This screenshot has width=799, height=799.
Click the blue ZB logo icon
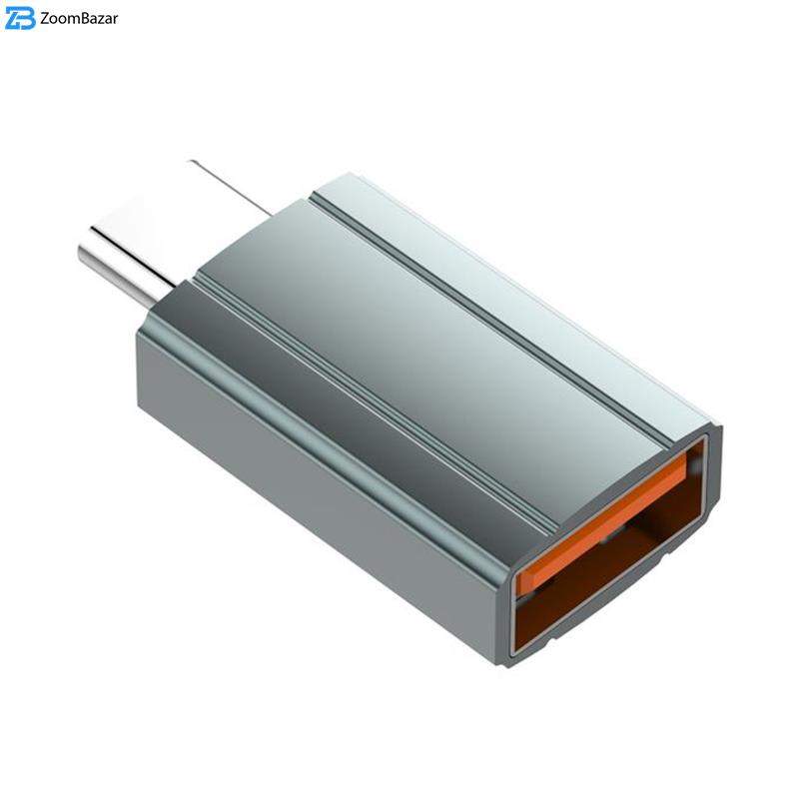(x=20, y=19)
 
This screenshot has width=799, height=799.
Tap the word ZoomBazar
(x=79, y=18)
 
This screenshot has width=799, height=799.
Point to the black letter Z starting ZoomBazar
(x=45, y=18)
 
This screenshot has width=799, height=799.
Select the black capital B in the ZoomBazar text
(x=82, y=18)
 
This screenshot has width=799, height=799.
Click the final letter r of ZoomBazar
(x=115, y=20)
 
